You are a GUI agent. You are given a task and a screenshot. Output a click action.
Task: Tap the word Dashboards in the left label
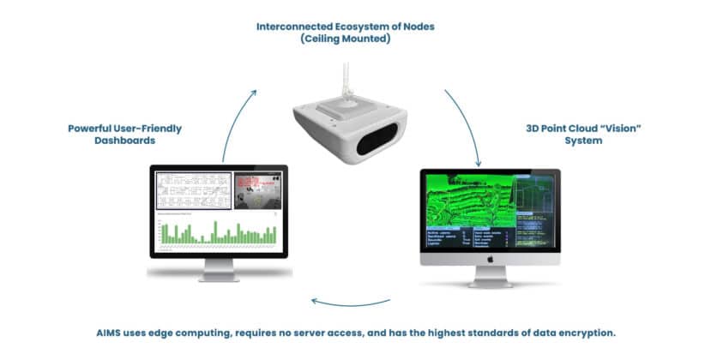125,141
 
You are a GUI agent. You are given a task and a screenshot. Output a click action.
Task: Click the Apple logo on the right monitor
491,256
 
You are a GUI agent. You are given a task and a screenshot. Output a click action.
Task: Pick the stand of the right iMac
491,276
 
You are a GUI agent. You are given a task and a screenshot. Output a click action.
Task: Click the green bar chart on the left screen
214,231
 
